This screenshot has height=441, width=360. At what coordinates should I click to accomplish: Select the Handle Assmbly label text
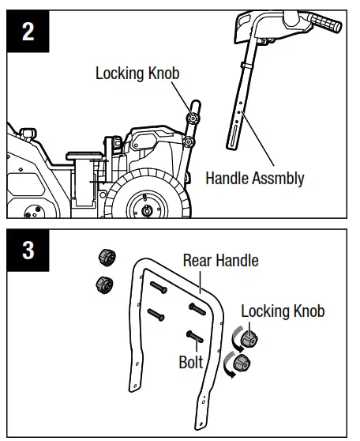click(x=255, y=178)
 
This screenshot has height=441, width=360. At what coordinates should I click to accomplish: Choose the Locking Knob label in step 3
click(x=283, y=311)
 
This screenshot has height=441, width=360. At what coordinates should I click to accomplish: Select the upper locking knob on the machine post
click(x=191, y=117)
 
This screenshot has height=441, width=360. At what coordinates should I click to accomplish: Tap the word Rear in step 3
click(x=200, y=260)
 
